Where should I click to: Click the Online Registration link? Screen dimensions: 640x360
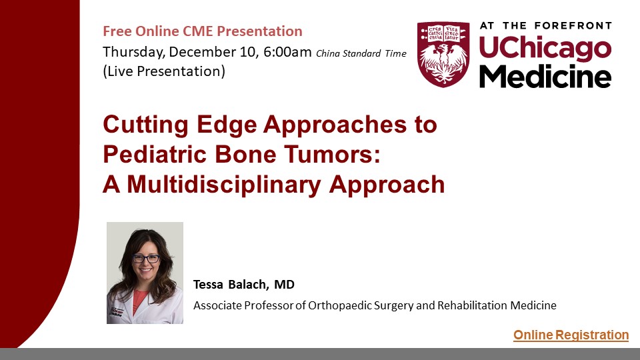pos(571,335)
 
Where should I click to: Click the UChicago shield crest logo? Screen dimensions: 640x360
pos(443,55)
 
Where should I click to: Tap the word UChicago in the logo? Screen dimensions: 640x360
pos(545,48)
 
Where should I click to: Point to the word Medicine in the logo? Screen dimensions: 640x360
pos(545,76)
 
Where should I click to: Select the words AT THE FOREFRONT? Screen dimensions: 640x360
pos(546,26)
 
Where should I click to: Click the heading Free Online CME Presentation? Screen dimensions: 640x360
pos(203,31)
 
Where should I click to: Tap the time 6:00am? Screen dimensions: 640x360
pos(287,52)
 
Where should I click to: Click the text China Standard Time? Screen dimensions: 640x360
pos(361,53)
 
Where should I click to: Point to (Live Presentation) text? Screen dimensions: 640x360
pos(164,71)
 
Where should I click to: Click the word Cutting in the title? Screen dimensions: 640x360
pos(145,125)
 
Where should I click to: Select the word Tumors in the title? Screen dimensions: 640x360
pos(332,154)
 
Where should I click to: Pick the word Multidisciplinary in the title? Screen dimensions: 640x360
pos(224,185)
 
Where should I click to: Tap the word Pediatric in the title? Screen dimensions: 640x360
pos(155,154)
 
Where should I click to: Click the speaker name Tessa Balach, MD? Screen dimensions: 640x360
pos(244,285)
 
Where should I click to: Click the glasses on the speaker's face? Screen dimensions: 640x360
pos(146,259)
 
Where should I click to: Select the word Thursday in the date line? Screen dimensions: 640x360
pos(133,53)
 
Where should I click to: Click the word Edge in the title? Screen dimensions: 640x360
pos(226,125)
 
